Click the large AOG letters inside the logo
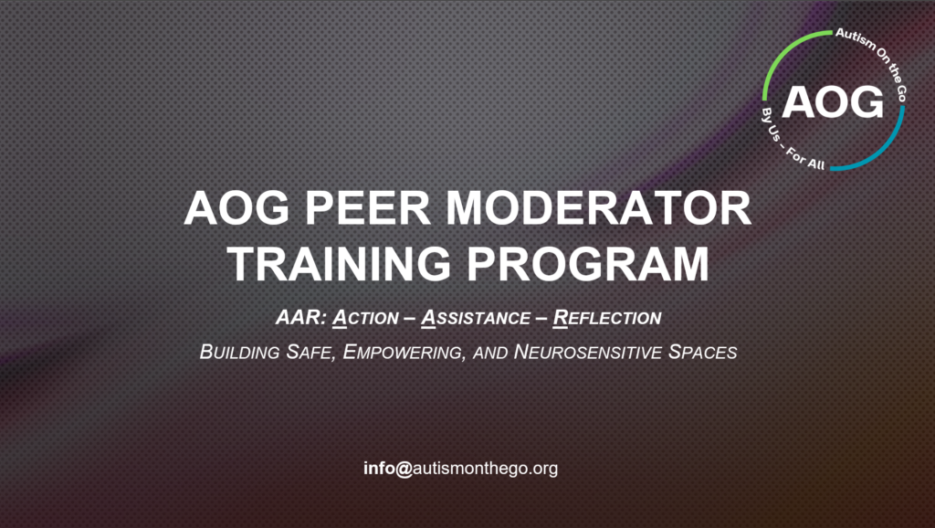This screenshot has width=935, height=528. [833, 100]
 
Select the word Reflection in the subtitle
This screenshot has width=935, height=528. [608, 319]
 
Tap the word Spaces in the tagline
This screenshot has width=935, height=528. [703, 352]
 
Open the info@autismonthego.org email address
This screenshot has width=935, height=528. [460, 469]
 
